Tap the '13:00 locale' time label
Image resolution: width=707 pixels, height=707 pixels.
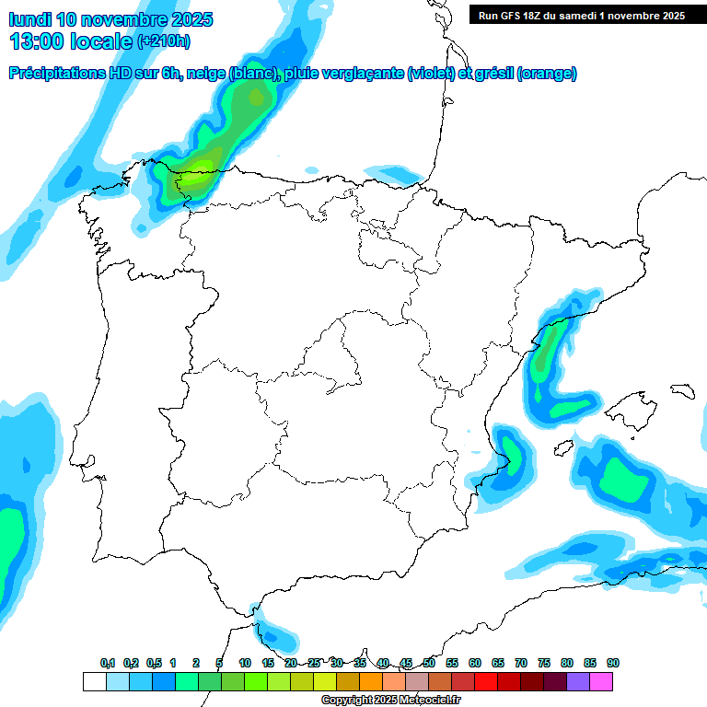[x=72, y=41]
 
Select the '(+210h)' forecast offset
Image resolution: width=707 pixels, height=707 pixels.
[x=163, y=41]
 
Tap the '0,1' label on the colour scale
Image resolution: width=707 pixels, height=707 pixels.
[x=108, y=664]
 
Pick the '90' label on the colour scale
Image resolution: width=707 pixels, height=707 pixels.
[x=612, y=664]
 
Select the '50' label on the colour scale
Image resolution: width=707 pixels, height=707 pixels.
[x=429, y=664]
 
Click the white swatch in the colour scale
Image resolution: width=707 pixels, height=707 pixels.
[x=94, y=681]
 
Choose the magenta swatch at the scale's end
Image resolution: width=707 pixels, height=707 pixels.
[x=601, y=681]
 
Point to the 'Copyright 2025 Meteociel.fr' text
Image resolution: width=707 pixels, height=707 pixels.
[x=390, y=701]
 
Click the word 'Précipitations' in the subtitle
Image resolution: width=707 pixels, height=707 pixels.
[x=55, y=74]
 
